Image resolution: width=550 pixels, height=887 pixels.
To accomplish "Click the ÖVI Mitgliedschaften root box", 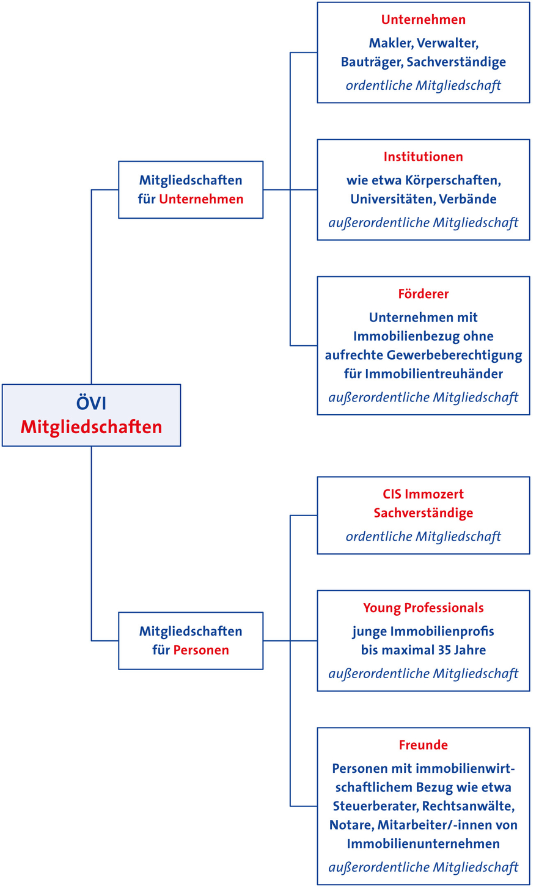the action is pyautogui.click(x=91, y=415).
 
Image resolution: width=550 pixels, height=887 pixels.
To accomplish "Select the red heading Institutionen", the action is pyautogui.click(x=424, y=157).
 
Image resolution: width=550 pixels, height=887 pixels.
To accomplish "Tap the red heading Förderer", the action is pyautogui.click(x=424, y=294).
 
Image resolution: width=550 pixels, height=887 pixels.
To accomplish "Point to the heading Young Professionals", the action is pyautogui.click(x=424, y=608).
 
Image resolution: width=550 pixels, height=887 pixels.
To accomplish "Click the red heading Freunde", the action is pyautogui.click(x=424, y=745).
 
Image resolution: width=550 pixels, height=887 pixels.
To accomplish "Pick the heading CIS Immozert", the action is pyautogui.click(x=424, y=494).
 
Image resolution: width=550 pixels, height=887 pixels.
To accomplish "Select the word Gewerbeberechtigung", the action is pyautogui.click(x=454, y=355).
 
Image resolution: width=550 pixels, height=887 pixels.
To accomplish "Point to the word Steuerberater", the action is pyautogui.click(x=375, y=806).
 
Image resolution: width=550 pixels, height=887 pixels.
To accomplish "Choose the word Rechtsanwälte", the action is pyautogui.click(x=468, y=806).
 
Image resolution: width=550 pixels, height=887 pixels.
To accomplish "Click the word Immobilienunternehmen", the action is pyautogui.click(x=424, y=844).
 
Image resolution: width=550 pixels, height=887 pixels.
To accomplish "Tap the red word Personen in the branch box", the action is pyautogui.click(x=201, y=650).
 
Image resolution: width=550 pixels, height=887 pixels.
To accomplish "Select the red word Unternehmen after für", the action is pyautogui.click(x=201, y=199).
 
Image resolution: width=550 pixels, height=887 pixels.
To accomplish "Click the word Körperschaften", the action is pyautogui.click(x=453, y=181).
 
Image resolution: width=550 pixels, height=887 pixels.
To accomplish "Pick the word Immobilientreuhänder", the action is pyautogui.click(x=434, y=374).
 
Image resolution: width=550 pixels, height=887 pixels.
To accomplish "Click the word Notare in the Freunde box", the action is pyautogui.click(x=351, y=825).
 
